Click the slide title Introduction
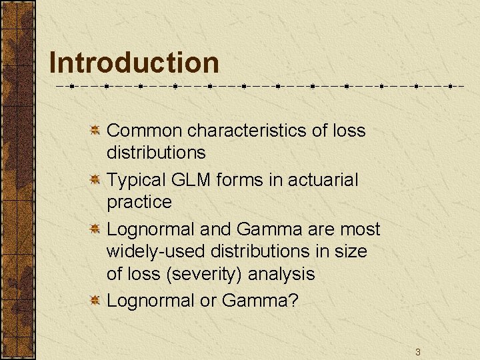[x=134, y=63]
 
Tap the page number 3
[x=417, y=351]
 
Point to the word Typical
[x=130, y=180]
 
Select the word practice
[x=139, y=202]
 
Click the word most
[x=360, y=229]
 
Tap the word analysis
[x=283, y=274]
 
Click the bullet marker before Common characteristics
[x=95, y=129]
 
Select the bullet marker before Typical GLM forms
[x=95, y=179]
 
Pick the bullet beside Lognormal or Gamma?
[x=95, y=300]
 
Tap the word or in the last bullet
[x=208, y=301]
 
